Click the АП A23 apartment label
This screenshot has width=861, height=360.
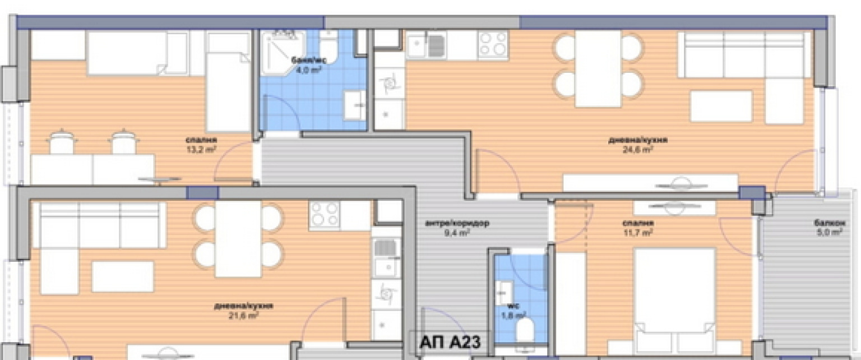point(446,341)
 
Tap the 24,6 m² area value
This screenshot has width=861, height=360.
point(637,149)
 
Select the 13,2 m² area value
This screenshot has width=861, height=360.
point(201,149)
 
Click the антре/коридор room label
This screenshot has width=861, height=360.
point(457,223)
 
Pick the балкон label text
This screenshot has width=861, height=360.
point(830,223)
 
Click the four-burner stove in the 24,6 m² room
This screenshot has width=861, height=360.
point(493,44)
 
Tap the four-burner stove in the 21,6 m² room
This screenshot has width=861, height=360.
point(325,214)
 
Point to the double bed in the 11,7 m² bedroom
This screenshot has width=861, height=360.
point(674,300)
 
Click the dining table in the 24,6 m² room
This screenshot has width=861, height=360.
point(598,68)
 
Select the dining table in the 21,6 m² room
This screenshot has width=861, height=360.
point(238,238)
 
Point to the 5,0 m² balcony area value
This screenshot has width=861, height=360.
point(830,232)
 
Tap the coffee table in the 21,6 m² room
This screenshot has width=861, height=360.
point(123,276)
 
